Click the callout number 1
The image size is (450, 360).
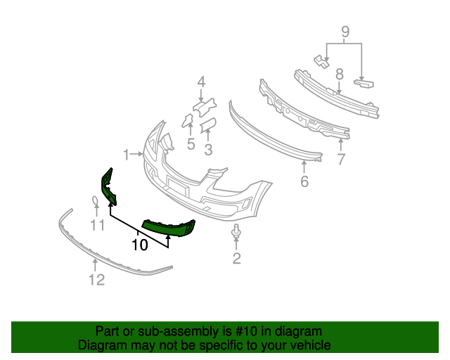[127, 154]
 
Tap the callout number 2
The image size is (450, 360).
[236, 259]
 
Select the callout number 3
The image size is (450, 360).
[208, 149]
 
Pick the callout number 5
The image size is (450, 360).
[191, 145]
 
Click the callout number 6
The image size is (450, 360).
[304, 181]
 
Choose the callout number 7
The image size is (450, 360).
[341, 159]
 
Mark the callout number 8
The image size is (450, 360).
[339, 73]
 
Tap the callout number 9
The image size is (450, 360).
[345, 31]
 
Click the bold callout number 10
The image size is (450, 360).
[139, 245]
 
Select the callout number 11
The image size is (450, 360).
[97, 226]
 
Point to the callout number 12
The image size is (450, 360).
[96, 280]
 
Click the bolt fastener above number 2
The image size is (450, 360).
[236, 231]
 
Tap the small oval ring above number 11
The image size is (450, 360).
[96, 203]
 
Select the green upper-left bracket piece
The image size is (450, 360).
[108, 187]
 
